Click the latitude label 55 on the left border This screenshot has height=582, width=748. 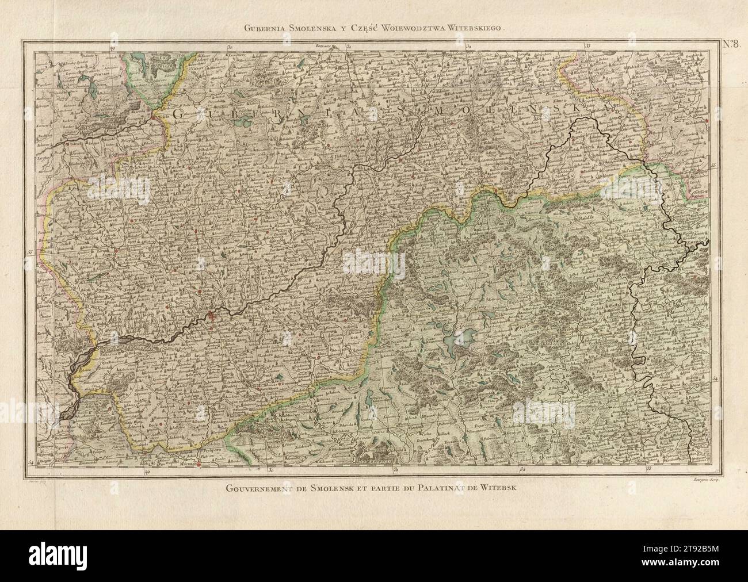(x=30, y=251)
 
